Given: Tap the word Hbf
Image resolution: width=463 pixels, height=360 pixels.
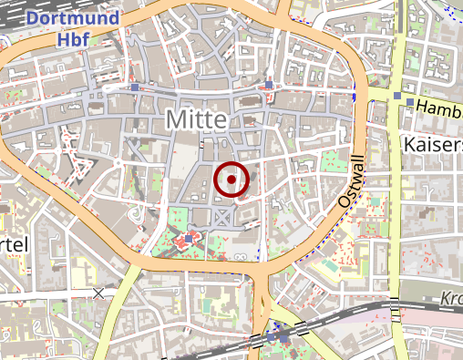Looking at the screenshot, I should pyautogui.click(x=72, y=39).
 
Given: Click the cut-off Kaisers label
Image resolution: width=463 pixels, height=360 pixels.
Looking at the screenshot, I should pyautogui.click(x=432, y=145).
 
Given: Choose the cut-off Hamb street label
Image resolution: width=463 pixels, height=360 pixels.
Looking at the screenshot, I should pyautogui.click(x=438, y=108).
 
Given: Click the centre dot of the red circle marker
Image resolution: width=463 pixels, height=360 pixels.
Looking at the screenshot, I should pyautogui.click(x=231, y=180).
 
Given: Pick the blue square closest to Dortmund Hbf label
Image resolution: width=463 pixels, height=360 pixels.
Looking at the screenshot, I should pyautogui.click(x=135, y=88).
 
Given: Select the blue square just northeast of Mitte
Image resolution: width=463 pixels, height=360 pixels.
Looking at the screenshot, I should pyautogui.click(x=269, y=87).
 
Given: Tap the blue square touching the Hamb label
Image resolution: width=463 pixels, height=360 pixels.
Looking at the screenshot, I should pyautogui.click(x=410, y=101).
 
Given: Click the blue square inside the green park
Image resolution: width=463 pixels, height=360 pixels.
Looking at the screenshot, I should pyautogui.click(x=189, y=239).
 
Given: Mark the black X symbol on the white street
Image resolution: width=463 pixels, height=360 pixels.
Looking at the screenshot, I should pyautogui.click(x=98, y=293).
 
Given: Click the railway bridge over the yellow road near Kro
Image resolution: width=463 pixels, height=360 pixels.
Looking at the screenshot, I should pyautogui.click(x=395, y=311).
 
